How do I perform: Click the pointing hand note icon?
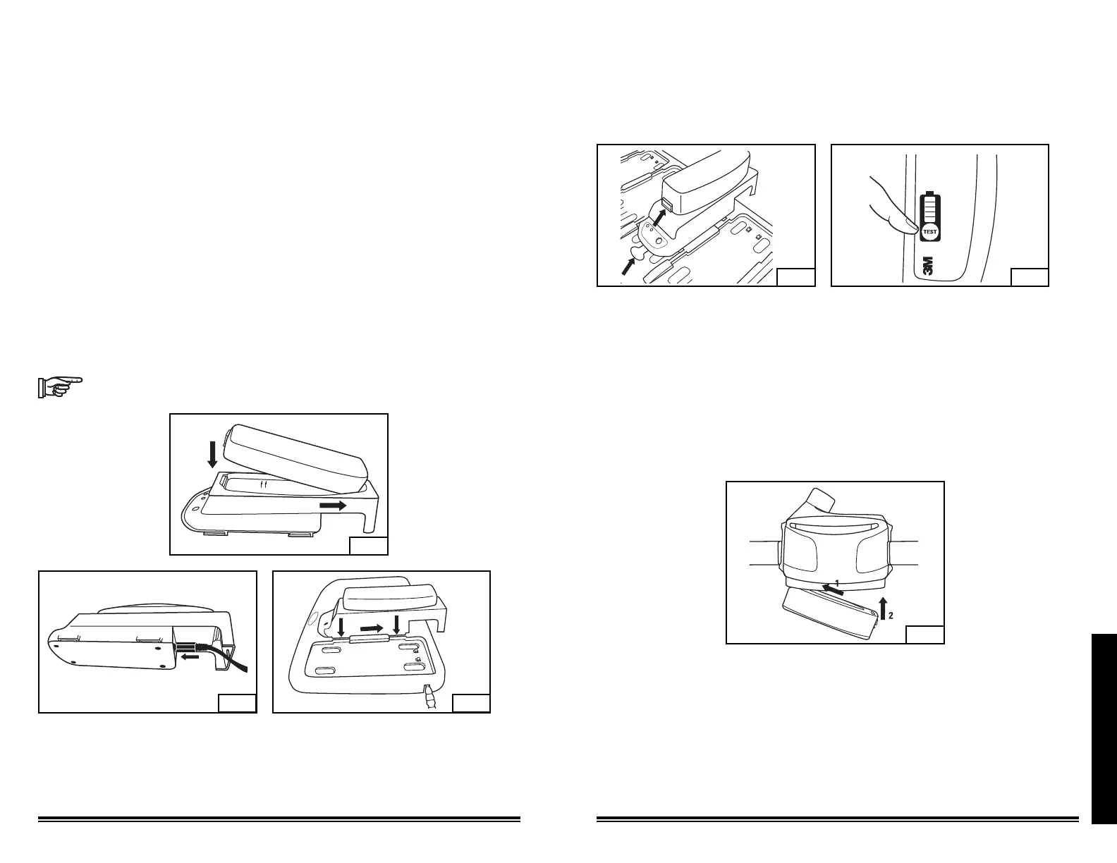[x=59, y=387]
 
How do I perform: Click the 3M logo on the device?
[x=928, y=266]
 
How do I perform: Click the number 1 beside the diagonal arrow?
[x=837, y=583]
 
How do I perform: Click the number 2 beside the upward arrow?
[x=891, y=616]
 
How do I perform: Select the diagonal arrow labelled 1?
[x=831, y=589]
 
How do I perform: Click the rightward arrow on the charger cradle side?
[x=332, y=506]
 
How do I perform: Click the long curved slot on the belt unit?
[x=834, y=527]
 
